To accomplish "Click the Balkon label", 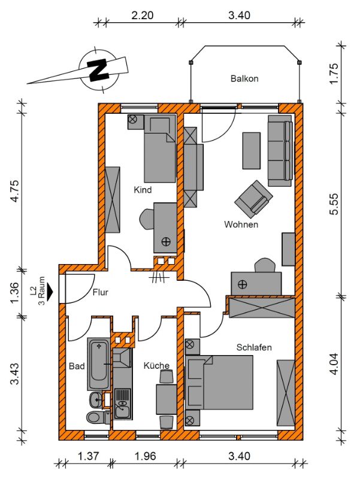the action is [x=244, y=78].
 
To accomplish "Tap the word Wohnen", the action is [x=241, y=224].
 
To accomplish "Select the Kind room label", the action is [x=143, y=190].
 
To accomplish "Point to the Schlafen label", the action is [x=254, y=347].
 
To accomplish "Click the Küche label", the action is [x=156, y=365].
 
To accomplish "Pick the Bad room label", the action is [x=77, y=366].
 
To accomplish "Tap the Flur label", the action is [x=101, y=292].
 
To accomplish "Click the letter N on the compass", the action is [x=98, y=69].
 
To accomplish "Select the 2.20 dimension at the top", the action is [x=142, y=16].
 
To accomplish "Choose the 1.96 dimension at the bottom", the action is [x=145, y=456].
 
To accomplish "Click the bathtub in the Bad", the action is [x=99, y=363].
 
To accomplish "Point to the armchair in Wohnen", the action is [x=253, y=199].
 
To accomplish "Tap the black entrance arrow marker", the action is [x=50, y=291].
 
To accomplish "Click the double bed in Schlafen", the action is [x=219, y=382].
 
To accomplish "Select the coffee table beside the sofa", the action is [x=252, y=150].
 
